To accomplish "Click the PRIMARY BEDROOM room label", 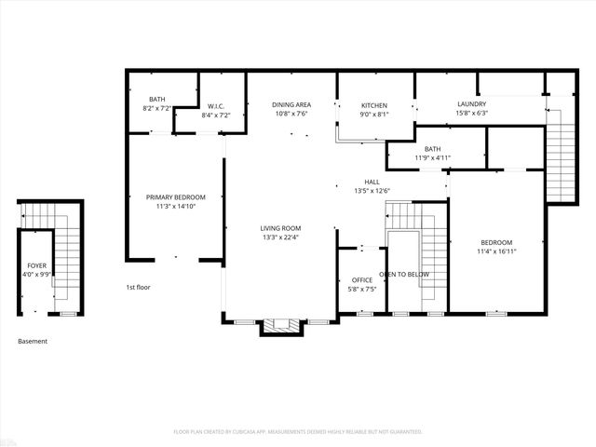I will (x=175, y=197).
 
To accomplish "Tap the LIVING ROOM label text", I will (x=279, y=228).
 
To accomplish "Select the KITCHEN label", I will (x=373, y=105).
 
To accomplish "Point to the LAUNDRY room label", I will (x=472, y=104).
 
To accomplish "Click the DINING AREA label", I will (x=291, y=105).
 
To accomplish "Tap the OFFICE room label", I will (x=362, y=280).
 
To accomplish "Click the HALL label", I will (x=372, y=182).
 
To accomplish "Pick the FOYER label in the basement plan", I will (x=36, y=265).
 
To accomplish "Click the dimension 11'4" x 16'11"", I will (x=495, y=251).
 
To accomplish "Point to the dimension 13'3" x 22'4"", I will (x=279, y=237).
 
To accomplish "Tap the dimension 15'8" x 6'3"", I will (x=472, y=114).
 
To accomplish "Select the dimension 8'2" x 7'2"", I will (x=156, y=109).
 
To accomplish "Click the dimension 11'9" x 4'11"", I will (x=432, y=157).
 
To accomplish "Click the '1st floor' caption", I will (x=138, y=288).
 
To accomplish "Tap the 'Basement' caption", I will (x=33, y=342).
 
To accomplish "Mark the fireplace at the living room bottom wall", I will (x=279, y=326).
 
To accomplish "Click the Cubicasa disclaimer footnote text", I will (x=298, y=432).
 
